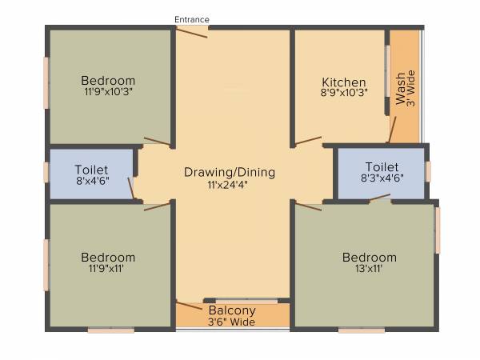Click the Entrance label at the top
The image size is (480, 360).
[x=192, y=19]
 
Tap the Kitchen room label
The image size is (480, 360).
[x=344, y=82]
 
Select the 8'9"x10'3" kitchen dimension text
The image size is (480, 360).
[x=344, y=94]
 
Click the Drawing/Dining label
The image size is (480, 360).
[x=230, y=172]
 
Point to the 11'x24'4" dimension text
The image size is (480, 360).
[x=230, y=185]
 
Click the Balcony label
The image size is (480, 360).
[x=232, y=310]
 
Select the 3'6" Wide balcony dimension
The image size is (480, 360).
[x=232, y=322]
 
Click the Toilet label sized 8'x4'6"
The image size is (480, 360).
[x=91, y=170]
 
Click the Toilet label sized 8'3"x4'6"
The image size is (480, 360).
[x=381, y=166]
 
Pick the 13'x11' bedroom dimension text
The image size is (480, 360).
[x=369, y=269]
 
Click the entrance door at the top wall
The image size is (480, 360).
[x=192, y=32]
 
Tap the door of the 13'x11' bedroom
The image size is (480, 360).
[x=308, y=206]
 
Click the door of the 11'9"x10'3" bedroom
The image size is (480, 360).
[x=157, y=142]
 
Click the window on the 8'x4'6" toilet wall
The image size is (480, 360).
[x=46, y=171]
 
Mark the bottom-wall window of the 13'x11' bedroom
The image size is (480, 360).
[x=361, y=329]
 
